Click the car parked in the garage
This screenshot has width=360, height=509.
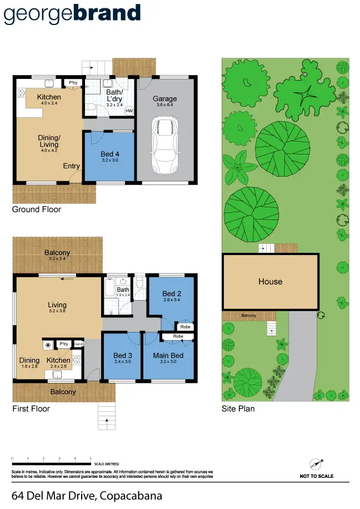pyautogui.click(x=165, y=146)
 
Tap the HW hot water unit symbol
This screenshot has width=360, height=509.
pyautogui.click(x=129, y=111)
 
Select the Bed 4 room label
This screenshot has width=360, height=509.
pyautogui.click(x=109, y=154)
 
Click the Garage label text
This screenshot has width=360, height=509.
pyautogui.click(x=165, y=99)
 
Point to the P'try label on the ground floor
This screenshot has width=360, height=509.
pyautogui.click(x=72, y=83)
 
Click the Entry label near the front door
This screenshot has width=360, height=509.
pyautogui.click(x=71, y=166)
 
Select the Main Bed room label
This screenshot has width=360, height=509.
pyautogui.click(x=168, y=355)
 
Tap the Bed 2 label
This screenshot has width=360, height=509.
pyautogui.click(x=172, y=293)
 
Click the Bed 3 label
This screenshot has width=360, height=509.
pyautogui.click(x=122, y=355)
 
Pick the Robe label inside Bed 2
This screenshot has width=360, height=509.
pyautogui.click(x=185, y=327)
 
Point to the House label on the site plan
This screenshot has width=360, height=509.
pyautogui.click(x=270, y=282)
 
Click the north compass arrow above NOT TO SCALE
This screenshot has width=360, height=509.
pyautogui.click(x=316, y=463)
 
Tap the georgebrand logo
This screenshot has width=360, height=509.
pyautogui.click(x=72, y=14)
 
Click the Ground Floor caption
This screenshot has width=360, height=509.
pyautogui.click(x=37, y=209)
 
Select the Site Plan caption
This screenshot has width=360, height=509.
pyautogui.click(x=238, y=408)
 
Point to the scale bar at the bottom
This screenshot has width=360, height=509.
pyautogui.click(x=52, y=461)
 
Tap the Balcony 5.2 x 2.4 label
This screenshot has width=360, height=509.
pyautogui.click(x=57, y=256)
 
